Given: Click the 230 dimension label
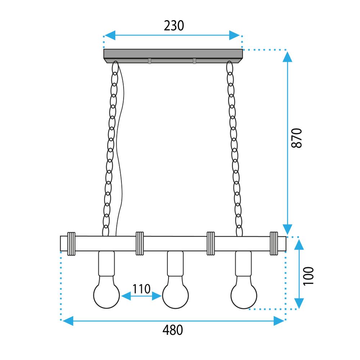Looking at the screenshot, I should (174, 26).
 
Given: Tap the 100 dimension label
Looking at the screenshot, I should (309, 276).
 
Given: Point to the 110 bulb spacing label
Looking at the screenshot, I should (141, 289).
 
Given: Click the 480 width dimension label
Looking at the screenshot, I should (173, 330).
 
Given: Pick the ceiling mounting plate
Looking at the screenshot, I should (173, 55).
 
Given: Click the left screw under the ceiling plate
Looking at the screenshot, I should (149, 61).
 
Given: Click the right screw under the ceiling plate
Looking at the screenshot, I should (194, 61).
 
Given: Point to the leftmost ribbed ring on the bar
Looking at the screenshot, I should (71, 244).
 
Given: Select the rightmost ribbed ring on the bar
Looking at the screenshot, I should (274, 244).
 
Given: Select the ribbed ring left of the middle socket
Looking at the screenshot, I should (139, 244).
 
